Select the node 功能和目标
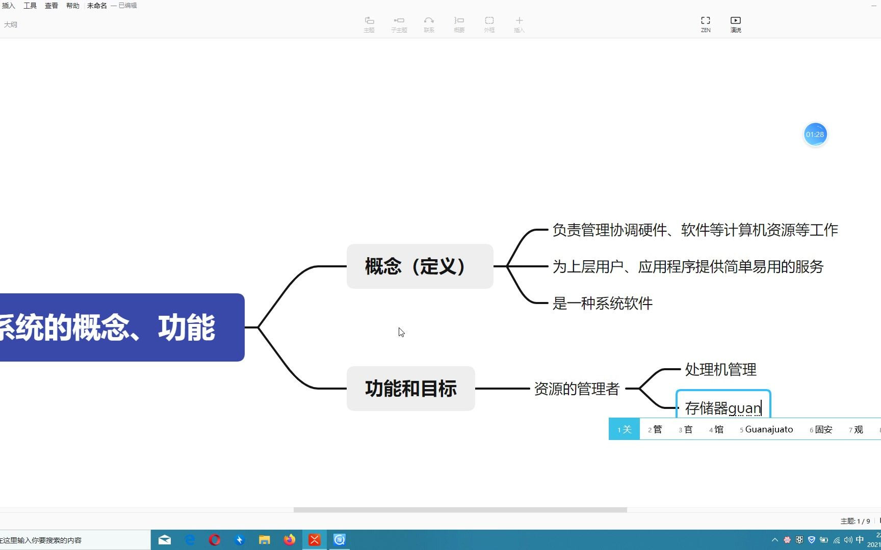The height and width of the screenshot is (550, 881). [x=410, y=389]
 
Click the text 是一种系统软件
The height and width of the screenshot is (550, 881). [x=602, y=304]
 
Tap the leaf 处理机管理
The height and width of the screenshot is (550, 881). [x=720, y=370]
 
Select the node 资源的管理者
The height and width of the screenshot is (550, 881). [x=576, y=389]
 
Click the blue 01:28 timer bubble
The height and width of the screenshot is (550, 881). [x=815, y=134]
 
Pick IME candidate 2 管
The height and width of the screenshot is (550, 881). [x=655, y=429]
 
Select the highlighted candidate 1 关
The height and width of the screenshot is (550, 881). [x=624, y=429]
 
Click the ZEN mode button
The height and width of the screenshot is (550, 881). [x=706, y=23]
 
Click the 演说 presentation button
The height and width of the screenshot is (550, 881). [x=736, y=23]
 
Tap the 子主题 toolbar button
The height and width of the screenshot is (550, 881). [x=399, y=23]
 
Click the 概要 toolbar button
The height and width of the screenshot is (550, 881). [x=459, y=23]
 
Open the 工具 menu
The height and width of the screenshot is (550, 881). [x=30, y=6]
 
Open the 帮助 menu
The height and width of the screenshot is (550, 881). [x=73, y=6]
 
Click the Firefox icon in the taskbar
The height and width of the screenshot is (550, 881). [x=289, y=540]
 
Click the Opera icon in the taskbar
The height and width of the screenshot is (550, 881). [x=215, y=540]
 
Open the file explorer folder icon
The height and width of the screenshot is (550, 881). [x=264, y=540]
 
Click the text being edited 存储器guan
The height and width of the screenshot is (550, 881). [x=722, y=408]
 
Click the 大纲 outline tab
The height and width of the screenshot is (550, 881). [x=11, y=24]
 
